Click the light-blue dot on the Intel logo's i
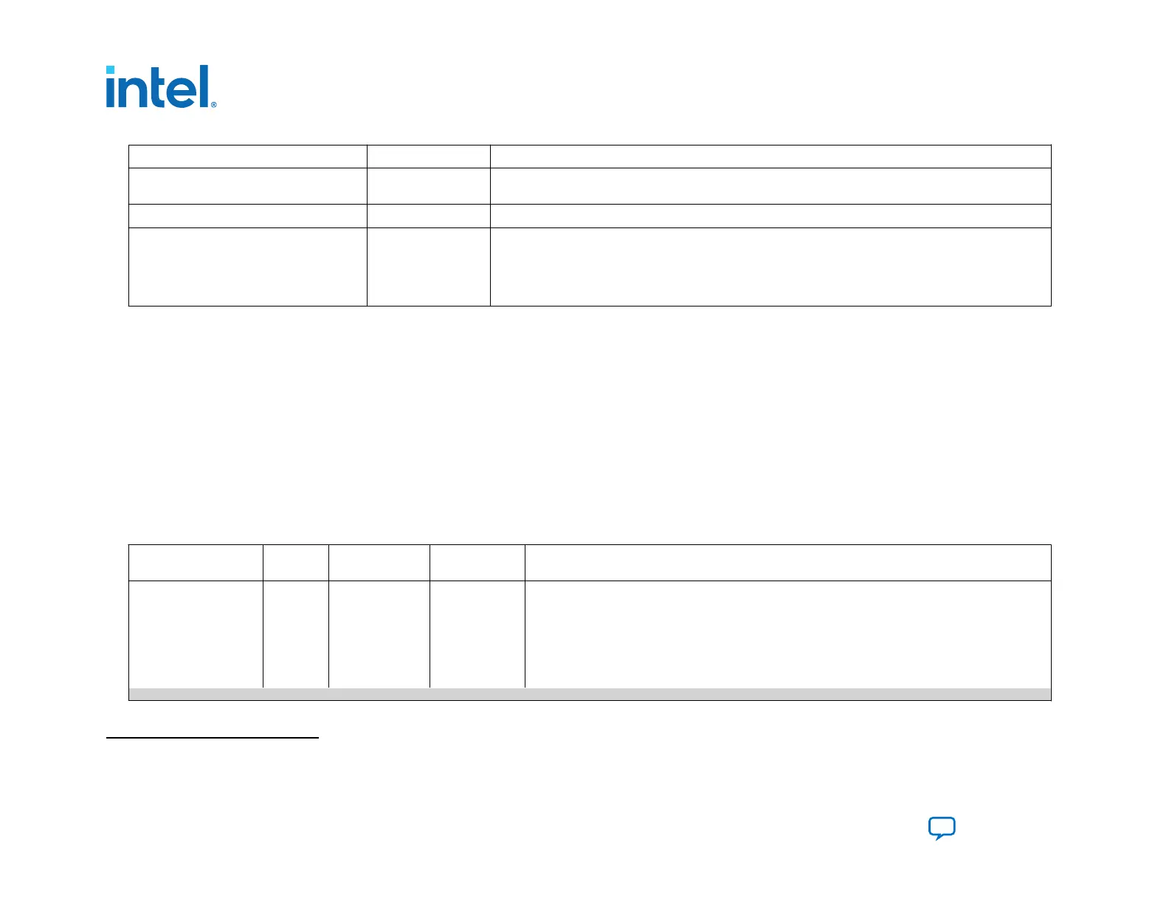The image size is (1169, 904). pyautogui.click(x=110, y=71)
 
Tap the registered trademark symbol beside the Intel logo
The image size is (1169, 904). pyautogui.click(x=214, y=105)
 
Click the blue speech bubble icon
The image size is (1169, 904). pyautogui.click(x=942, y=828)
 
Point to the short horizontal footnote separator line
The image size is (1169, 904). pyautogui.click(x=212, y=737)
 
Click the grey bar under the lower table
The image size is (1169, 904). pyautogui.click(x=589, y=694)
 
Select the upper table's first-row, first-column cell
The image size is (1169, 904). pyautogui.click(x=247, y=157)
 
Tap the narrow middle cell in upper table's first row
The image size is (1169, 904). pyautogui.click(x=428, y=157)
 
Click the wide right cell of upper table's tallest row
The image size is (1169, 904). pyautogui.click(x=770, y=267)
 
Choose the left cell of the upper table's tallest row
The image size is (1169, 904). pyautogui.click(x=247, y=267)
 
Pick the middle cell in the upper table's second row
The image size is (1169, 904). pyautogui.click(x=428, y=186)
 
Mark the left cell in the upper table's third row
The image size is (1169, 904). pyautogui.click(x=247, y=216)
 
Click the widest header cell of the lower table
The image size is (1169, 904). pyautogui.click(x=787, y=563)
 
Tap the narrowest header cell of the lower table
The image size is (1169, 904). pyautogui.click(x=295, y=563)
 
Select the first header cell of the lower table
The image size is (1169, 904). pyautogui.click(x=196, y=563)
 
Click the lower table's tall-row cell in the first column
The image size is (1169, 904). pyautogui.click(x=196, y=634)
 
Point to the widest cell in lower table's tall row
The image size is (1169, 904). pyautogui.click(x=787, y=634)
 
